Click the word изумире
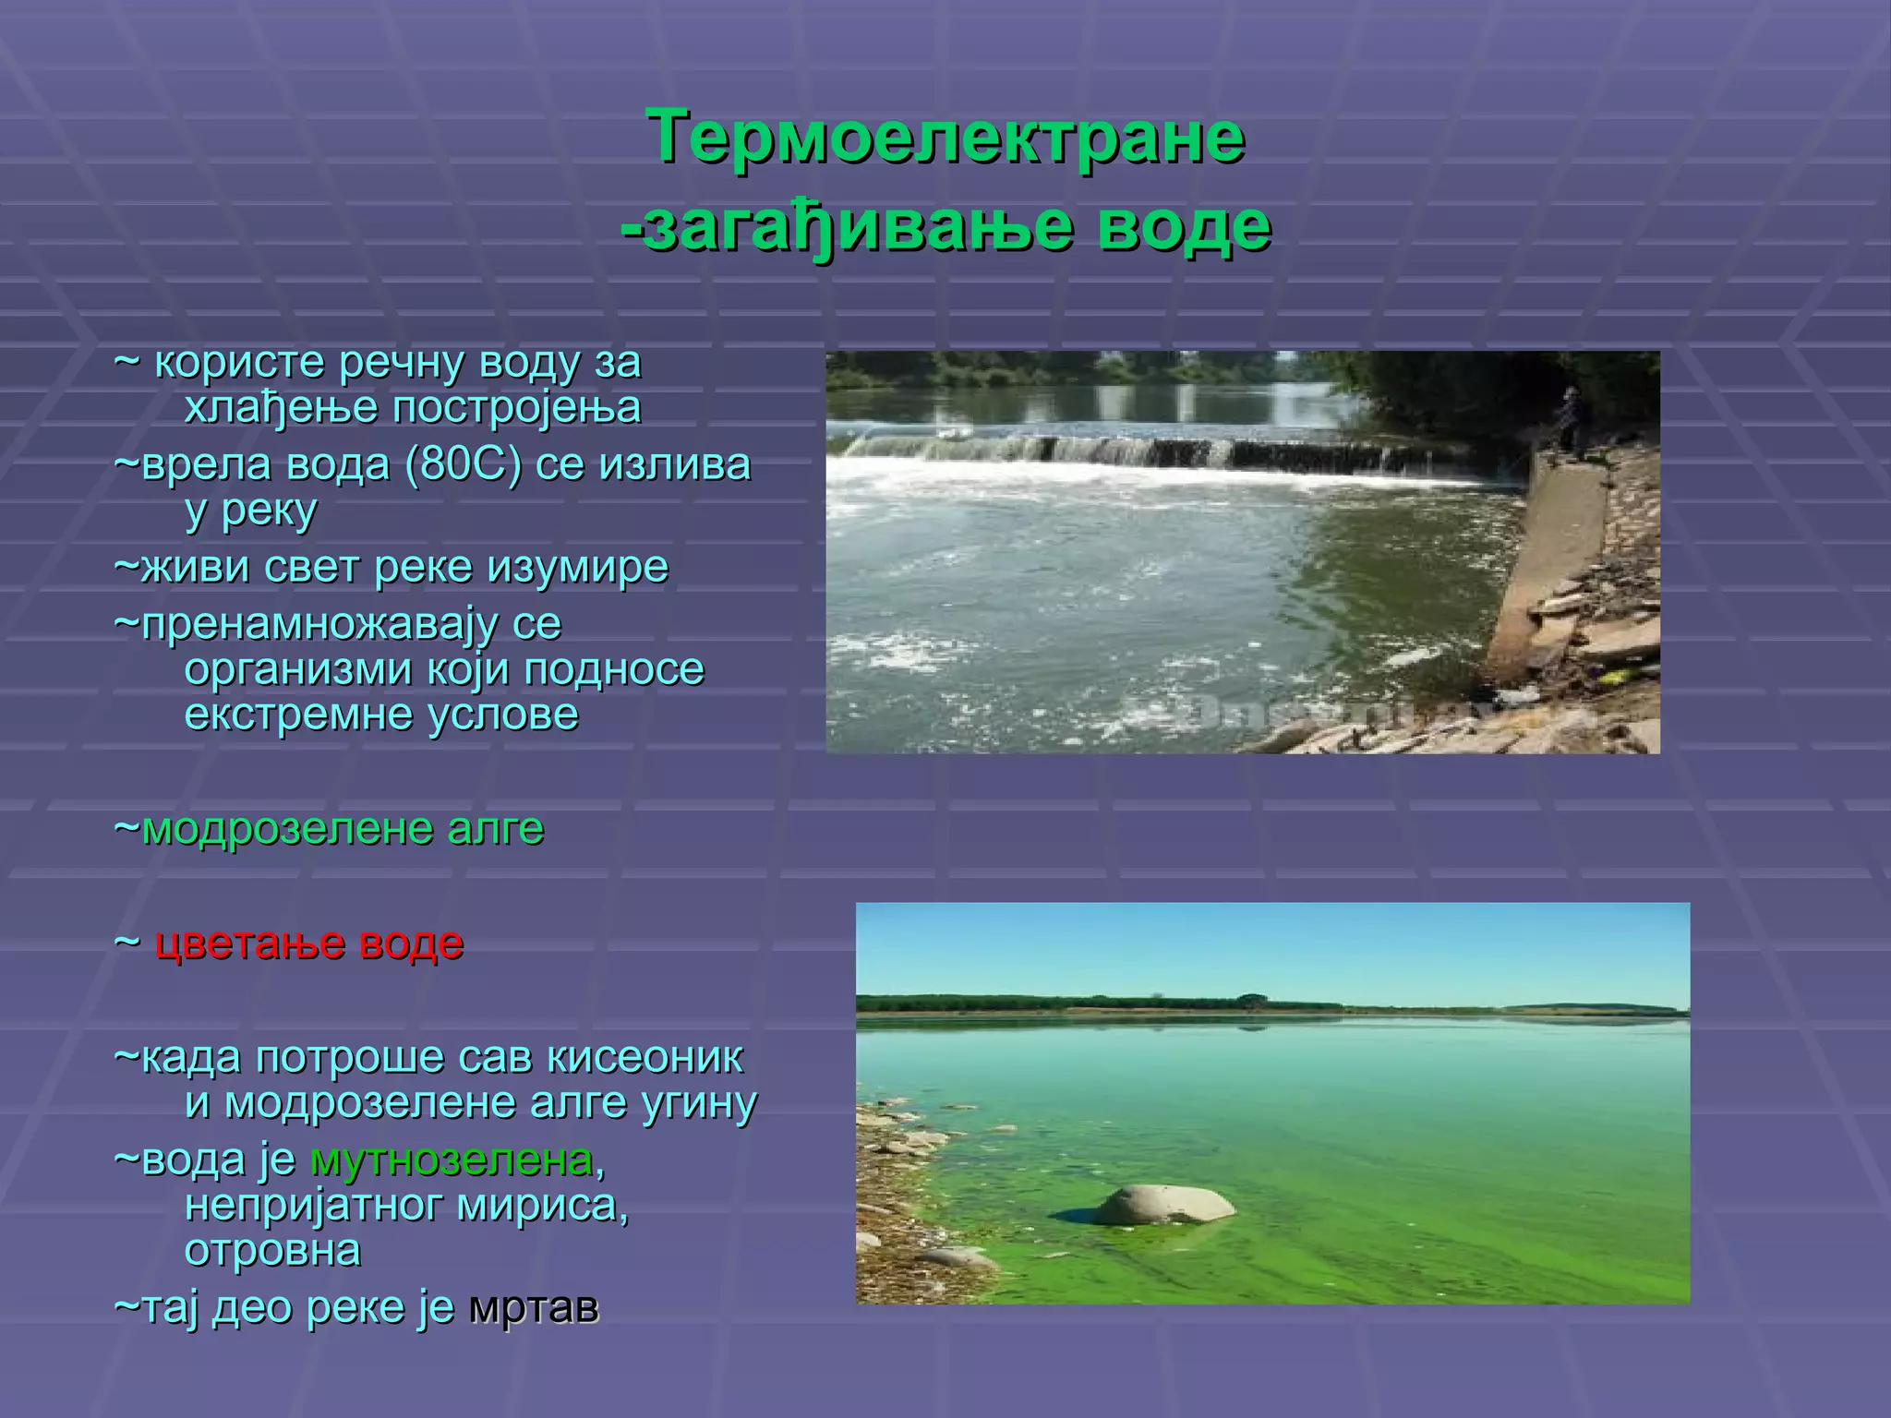point(577,566)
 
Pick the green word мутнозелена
point(452,1160)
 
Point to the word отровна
point(272,1250)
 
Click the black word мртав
point(535,1307)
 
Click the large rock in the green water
point(1164,1204)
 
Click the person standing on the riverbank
point(1568,420)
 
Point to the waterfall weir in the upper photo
point(1154,452)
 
